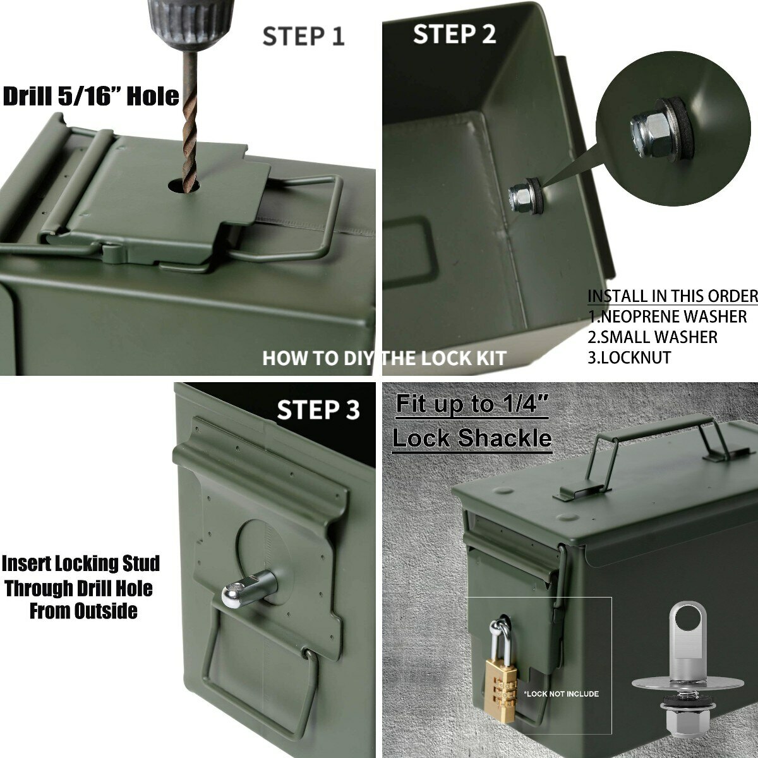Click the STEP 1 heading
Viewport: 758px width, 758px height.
tap(303, 36)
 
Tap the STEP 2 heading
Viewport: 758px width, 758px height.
tap(454, 34)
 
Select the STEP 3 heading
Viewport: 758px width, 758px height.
tap(318, 410)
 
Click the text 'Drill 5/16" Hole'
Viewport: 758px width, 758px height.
tap(91, 97)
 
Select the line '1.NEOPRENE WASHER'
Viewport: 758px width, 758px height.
tap(667, 316)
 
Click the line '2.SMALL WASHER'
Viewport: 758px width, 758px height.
tap(653, 337)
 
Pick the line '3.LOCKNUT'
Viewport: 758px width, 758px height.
tap(629, 358)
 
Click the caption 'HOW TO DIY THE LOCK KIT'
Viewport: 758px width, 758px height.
tap(384, 358)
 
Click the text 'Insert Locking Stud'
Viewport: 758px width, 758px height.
tap(81, 563)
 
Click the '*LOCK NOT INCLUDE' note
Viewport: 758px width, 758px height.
tap(561, 694)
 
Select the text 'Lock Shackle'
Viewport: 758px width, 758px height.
tap(472, 438)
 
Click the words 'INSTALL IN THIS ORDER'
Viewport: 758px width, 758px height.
tap(672, 296)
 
